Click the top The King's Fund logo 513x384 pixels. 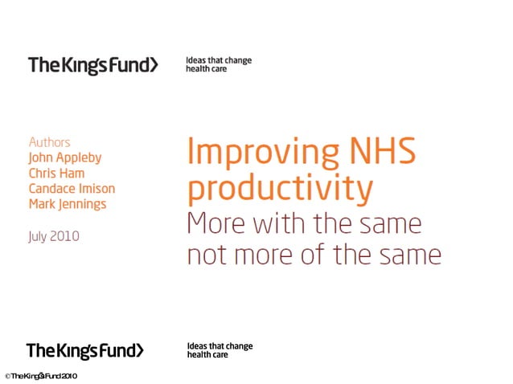pos(92,65)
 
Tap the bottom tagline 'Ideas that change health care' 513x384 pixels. pos(220,350)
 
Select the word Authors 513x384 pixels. pos(49,142)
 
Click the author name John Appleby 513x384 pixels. pos(65,157)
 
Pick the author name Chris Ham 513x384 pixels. pos(56,173)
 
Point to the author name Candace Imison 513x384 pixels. pos(72,188)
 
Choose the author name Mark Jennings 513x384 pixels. pos(68,203)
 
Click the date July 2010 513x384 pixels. pos(54,236)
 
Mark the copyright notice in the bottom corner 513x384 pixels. pos(40,376)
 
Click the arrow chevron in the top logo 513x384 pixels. pos(153,65)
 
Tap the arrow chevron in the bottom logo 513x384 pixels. pos(140,350)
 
